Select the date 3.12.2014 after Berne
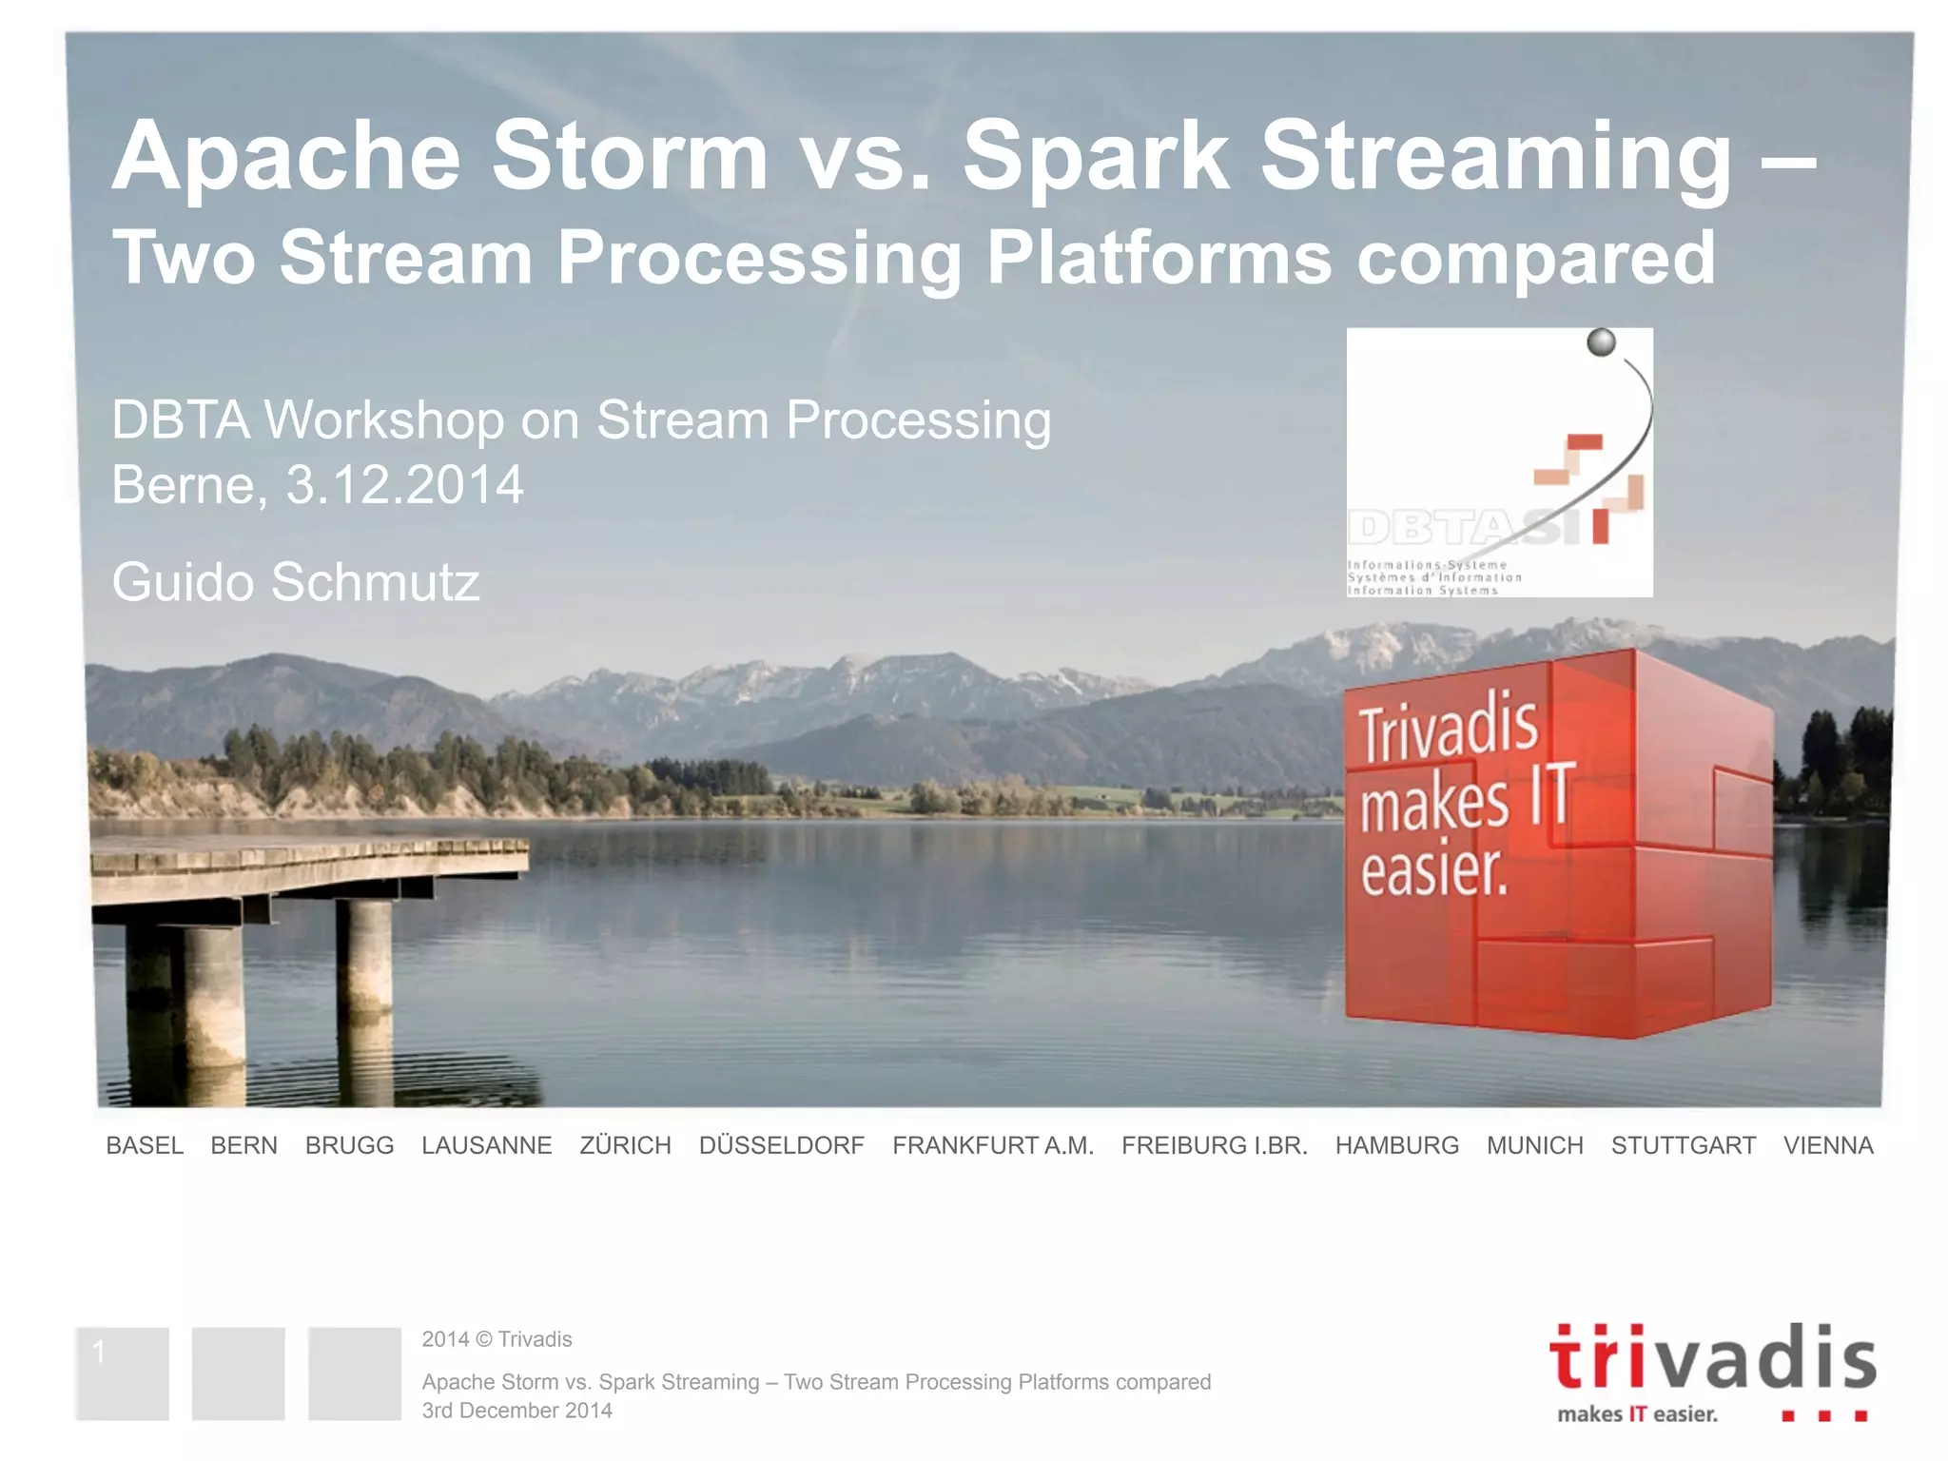coord(404,485)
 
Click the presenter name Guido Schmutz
coord(296,582)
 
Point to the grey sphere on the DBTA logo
coord(1601,342)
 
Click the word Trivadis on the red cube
coord(1448,730)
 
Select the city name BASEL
coord(145,1145)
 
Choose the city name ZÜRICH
coord(625,1145)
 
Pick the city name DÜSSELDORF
coord(781,1145)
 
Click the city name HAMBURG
coord(1396,1145)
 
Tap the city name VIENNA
coord(1827,1145)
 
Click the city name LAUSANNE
coord(486,1145)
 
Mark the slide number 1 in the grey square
coord(99,1351)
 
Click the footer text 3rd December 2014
coord(516,1411)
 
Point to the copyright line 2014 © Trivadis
coord(497,1339)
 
